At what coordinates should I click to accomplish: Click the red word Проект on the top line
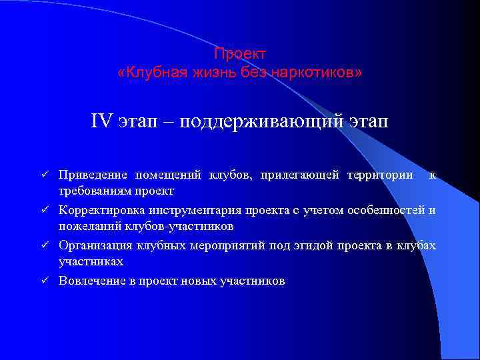click(x=240, y=53)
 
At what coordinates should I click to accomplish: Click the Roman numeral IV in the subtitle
click(x=102, y=123)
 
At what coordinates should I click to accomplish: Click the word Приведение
click(x=93, y=175)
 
